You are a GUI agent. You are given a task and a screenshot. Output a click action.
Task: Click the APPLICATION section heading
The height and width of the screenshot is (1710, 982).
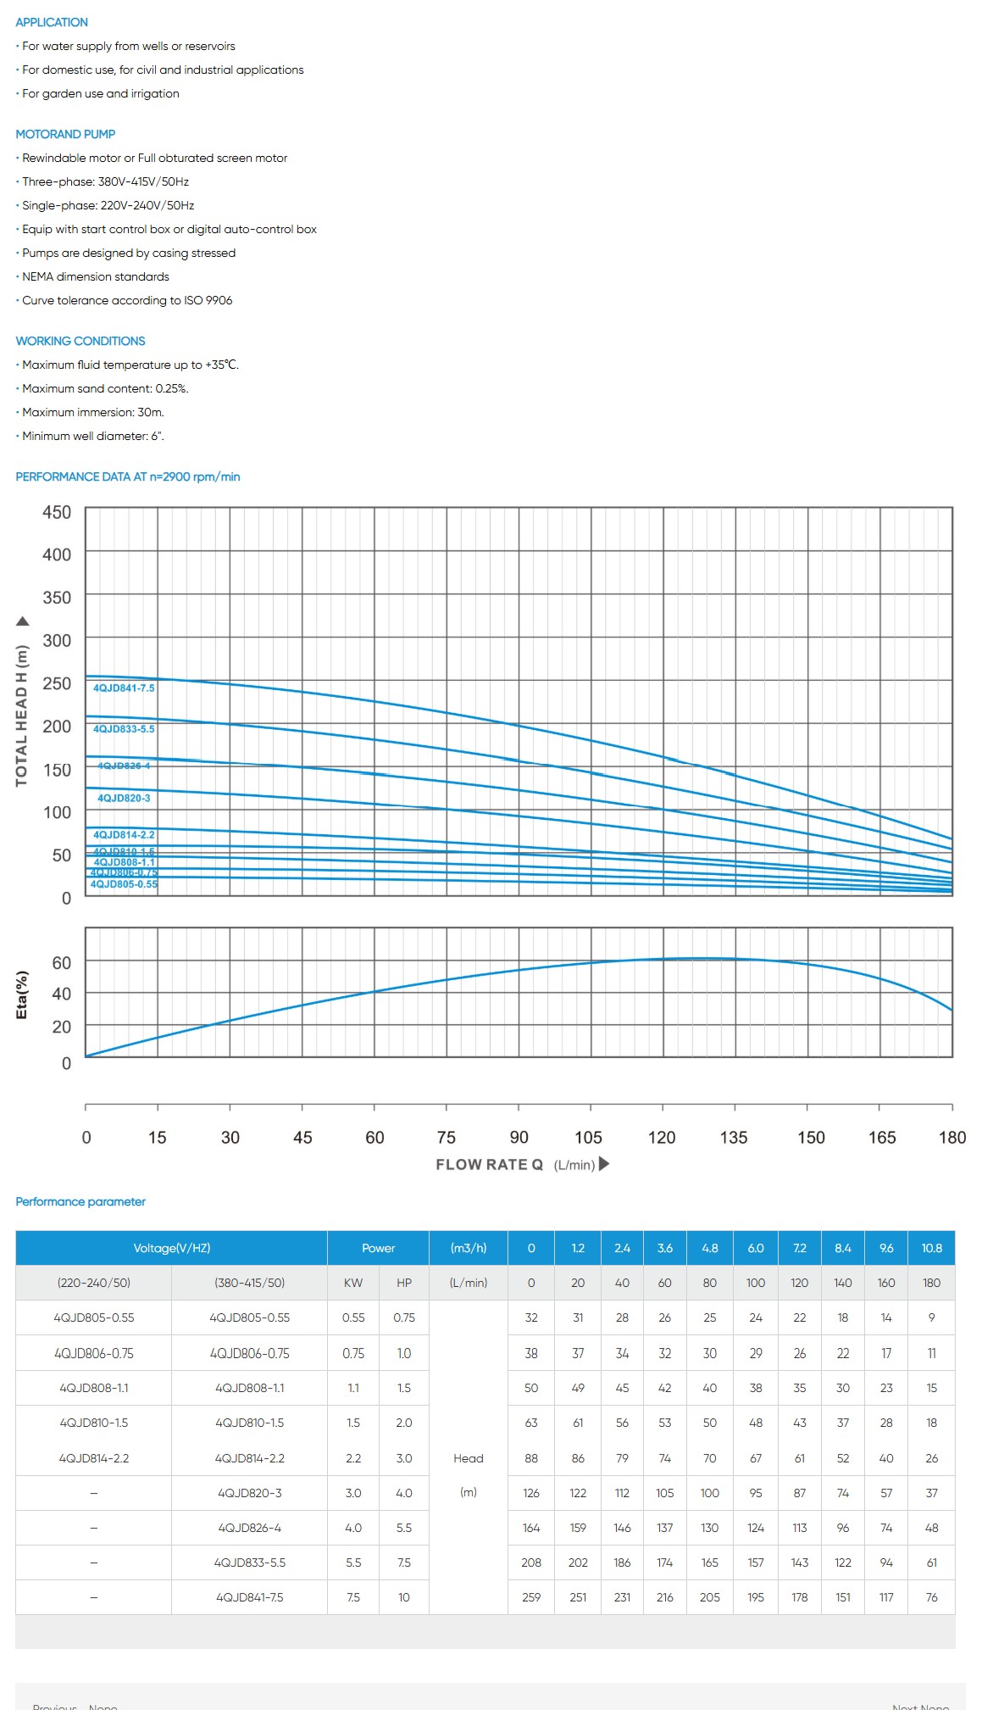point(52,22)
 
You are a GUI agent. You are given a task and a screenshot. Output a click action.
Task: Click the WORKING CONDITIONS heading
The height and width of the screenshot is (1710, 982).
point(80,341)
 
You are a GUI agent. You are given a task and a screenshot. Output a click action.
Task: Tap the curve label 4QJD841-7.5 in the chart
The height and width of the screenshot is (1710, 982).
point(124,688)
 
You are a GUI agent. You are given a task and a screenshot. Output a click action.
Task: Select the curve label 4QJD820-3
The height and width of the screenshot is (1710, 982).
point(124,798)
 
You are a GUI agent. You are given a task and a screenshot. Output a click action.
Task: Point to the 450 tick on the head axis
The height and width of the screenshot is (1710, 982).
point(57,512)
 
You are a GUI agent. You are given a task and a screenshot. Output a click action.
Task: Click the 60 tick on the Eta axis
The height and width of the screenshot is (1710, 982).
point(62,963)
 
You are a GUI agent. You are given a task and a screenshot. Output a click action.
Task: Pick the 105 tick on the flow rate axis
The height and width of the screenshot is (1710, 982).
point(588,1138)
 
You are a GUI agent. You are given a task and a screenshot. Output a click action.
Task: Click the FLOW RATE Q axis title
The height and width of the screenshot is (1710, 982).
point(489,1165)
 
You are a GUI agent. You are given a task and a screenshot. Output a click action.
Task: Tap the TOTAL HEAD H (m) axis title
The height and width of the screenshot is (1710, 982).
point(22,716)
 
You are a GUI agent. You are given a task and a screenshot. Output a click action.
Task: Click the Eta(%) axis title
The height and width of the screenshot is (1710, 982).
point(22,994)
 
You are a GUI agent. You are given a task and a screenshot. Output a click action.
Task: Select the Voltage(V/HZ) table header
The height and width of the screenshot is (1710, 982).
point(172,1248)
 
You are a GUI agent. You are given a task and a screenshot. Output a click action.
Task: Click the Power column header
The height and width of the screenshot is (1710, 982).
point(378,1248)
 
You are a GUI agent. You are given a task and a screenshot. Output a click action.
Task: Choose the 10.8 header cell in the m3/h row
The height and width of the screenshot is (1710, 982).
point(931,1248)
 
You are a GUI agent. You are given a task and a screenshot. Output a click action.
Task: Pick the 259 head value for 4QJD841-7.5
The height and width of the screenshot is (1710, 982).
point(531,1597)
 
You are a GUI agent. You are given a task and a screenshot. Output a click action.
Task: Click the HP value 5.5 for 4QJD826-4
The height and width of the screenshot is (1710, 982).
point(404,1528)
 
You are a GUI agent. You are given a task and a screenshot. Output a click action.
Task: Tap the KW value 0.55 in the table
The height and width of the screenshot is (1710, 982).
point(353,1317)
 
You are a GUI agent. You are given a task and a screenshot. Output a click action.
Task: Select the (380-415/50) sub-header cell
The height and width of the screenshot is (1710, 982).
point(249,1283)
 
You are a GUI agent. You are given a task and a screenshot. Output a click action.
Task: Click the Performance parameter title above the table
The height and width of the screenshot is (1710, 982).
point(80,1201)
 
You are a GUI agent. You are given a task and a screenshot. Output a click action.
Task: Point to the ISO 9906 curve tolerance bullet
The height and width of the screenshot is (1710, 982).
point(127,300)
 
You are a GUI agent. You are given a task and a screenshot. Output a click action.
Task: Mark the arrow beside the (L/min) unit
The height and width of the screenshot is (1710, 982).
point(604,1164)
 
